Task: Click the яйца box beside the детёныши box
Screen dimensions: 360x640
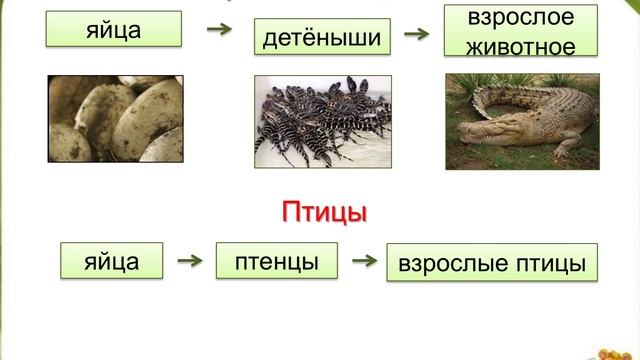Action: (114, 30)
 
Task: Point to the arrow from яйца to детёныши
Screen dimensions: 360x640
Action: (218, 30)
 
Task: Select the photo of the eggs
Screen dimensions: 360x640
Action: (115, 119)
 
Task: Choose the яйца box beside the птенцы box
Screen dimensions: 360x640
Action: (112, 261)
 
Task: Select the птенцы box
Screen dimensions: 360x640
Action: (277, 261)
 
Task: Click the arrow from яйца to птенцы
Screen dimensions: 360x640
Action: (190, 262)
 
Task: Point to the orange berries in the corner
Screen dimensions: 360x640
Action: (616, 353)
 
